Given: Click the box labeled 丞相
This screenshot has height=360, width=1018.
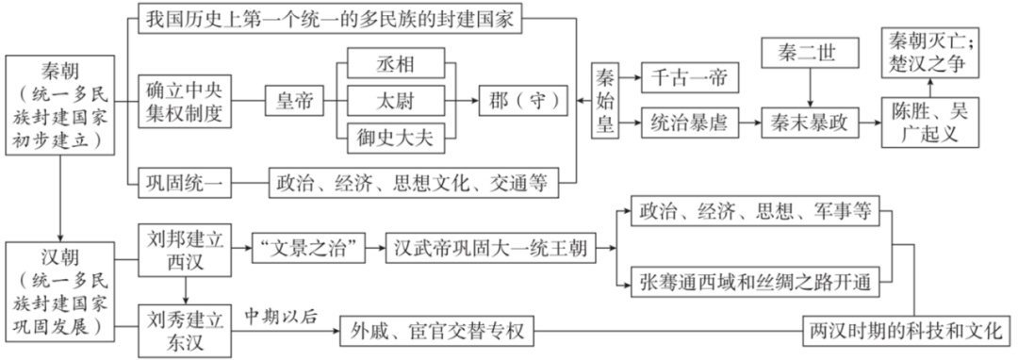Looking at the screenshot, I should (x=394, y=64).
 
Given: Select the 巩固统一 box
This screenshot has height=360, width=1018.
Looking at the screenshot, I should (x=185, y=182).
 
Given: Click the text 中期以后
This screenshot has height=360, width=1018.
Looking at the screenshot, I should (x=284, y=314).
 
